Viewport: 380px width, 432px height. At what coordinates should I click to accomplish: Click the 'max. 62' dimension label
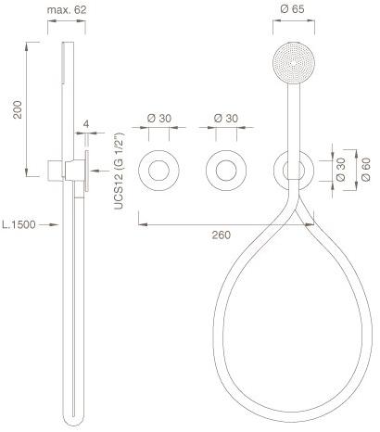(67, 9)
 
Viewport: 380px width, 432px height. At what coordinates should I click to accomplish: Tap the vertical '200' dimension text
(18, 109)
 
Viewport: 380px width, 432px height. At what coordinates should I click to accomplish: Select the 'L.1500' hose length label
(19, 224)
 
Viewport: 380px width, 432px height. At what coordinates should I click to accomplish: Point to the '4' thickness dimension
(86, 124)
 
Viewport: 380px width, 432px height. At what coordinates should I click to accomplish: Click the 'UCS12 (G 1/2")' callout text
(119, 172)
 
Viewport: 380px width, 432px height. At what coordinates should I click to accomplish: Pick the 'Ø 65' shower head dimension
(292, 9)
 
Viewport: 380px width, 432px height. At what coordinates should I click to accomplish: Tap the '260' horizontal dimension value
(222, 235)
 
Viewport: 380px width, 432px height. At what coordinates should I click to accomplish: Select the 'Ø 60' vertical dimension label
(366, 170)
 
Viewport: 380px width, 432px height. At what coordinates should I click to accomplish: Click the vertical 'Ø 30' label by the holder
(341, 170)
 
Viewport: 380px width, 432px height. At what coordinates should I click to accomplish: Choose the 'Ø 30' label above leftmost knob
(159, 118)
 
